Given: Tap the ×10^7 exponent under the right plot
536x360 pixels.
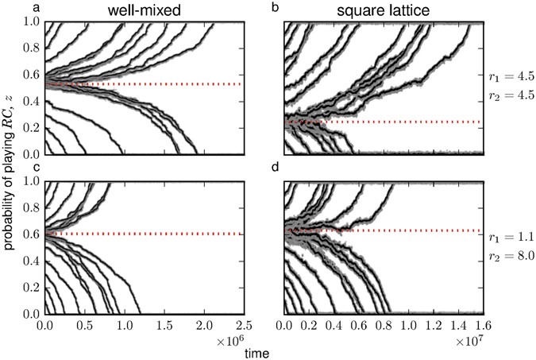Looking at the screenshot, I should pyautogui.click(x=472, y=340).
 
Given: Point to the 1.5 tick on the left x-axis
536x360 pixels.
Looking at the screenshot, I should pyautogui.click(x=164, y=325).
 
